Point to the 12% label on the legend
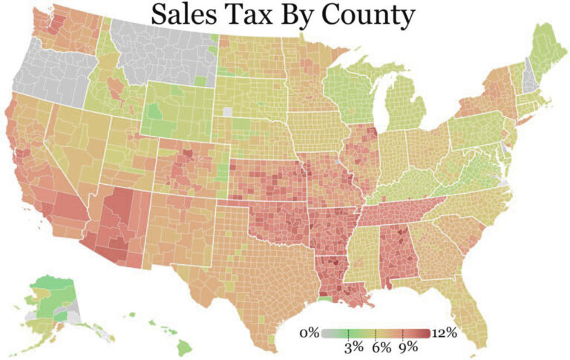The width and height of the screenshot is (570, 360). coord(444,332)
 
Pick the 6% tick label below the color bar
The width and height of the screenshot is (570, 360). coord(380,347)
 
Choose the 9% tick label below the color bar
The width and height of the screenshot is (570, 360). coord(407,347)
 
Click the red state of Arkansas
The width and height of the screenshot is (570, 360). coord(330,230)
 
